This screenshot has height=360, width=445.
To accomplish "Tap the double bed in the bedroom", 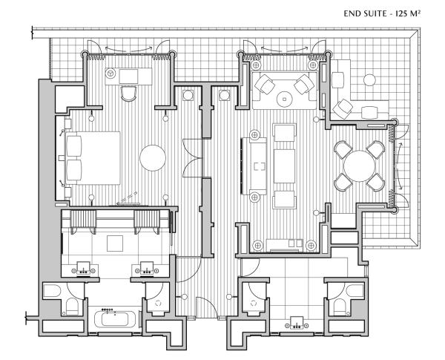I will tap(92, 157).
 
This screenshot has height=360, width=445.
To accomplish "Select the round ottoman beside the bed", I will tap(152, 157).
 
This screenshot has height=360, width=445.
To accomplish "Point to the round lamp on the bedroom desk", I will tap(111, 73).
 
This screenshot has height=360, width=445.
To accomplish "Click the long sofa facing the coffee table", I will tap(254, 164).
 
